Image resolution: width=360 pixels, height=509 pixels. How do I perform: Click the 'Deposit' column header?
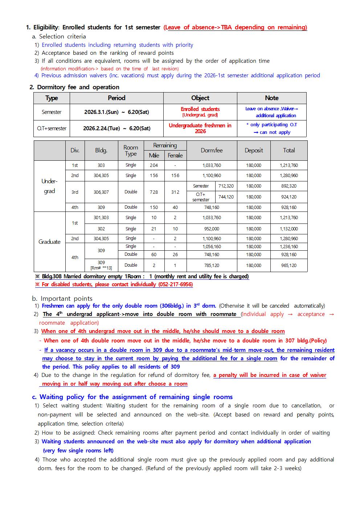tap(254, 150)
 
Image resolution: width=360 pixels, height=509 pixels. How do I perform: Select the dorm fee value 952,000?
tap(212, 229)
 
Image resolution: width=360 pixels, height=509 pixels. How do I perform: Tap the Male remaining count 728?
tap(154, 192)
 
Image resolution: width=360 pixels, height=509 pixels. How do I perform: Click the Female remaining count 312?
tap(175, 192)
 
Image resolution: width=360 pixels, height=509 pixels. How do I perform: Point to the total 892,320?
tap(289, 186)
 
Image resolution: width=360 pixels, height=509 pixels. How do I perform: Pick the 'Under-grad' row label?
tap(49, 186)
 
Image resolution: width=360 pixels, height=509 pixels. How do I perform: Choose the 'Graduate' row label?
tap(49, 242)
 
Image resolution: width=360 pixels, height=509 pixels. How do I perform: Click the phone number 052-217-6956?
tap(175, 284)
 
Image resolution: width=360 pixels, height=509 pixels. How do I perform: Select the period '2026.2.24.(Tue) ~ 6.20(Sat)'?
tap(116, 128)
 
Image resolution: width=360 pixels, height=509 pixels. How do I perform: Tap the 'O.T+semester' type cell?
tap(52, 128)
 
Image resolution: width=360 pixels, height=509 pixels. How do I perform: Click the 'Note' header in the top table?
tap(271, 98)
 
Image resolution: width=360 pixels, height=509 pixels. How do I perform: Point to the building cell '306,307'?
tap(101, 192)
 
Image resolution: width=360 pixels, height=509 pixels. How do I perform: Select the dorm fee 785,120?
tap(212, 265)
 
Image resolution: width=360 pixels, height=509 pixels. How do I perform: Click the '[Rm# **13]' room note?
tap(101, 268)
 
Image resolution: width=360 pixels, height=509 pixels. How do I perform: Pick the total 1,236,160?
tap(289, 247)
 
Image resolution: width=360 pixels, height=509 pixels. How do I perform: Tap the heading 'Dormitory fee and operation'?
tap(78, 87)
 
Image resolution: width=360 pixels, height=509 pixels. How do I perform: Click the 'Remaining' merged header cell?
tap(165, 145)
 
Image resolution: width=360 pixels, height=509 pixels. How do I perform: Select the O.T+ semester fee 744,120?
tap(226, 197)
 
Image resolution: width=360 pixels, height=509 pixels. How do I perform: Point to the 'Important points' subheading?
tap(66, 299)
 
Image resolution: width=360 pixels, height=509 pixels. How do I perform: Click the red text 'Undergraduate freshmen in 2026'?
tap(200, 128)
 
